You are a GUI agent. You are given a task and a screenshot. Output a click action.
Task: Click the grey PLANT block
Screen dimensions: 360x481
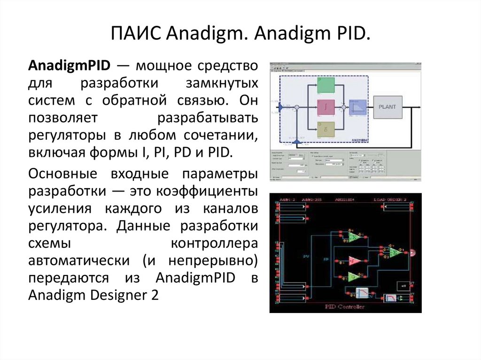(x=388, y=107)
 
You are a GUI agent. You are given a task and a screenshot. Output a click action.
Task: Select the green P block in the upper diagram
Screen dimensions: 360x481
(x=326, y=85)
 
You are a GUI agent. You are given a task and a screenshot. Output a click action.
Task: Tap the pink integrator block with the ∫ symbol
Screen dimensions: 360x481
(x=326, y=108)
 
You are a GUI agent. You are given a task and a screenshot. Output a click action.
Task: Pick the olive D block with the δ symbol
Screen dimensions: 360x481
(x=326, y=130)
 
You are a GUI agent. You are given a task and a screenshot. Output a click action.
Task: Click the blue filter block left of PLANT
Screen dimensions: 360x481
(x=358, y=108)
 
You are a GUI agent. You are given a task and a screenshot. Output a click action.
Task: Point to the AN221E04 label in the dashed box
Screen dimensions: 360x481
(x=361, y=139)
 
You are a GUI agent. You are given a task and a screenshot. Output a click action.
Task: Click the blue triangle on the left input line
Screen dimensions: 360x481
(x=281, y=108)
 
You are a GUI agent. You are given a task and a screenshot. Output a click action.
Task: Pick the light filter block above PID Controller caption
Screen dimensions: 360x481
(x=362, y=293)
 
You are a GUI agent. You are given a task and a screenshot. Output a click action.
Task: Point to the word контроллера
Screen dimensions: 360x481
(x=214, y=243)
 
